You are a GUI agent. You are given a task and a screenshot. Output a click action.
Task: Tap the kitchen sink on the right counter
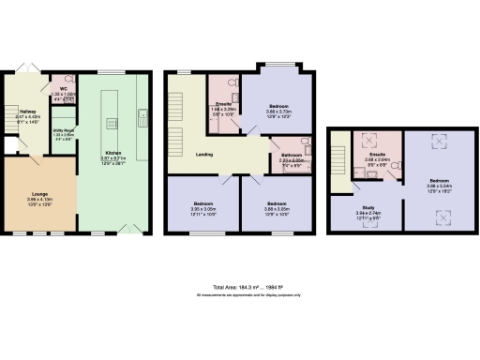pos(142,116)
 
